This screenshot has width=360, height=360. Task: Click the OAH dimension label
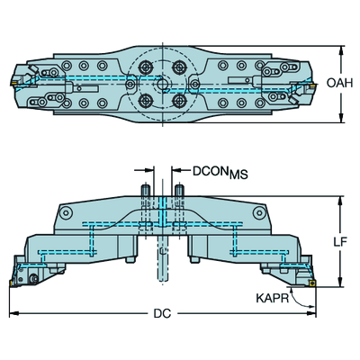click(339, 83)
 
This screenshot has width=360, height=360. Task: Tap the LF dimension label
click(340, 241)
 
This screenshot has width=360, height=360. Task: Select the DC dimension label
click(162, 314)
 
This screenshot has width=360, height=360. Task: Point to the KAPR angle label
click(273, 298)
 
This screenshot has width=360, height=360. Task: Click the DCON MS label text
click(220, 173)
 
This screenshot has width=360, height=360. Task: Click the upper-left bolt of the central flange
click(145, 66)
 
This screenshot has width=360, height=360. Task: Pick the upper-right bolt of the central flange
click(180, 66)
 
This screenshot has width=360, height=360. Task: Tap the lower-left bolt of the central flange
click(145, 100)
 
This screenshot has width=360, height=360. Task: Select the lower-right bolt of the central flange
click(180, 100)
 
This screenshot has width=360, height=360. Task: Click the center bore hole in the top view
click(162, 84)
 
